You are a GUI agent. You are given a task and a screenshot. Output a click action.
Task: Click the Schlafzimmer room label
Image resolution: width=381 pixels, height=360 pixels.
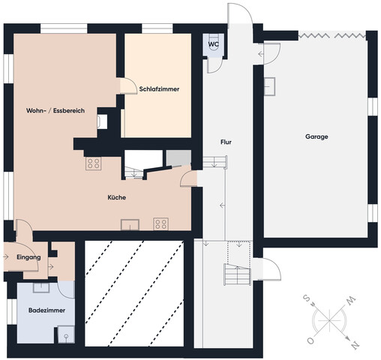tap(159, 89)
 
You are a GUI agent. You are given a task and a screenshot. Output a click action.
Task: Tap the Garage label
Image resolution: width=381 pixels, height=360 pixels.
tap(316, 136)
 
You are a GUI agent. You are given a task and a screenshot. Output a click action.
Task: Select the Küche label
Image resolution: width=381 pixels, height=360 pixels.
tap(117, 197)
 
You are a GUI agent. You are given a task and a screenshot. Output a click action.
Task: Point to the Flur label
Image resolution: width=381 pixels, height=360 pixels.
tap(226, 142)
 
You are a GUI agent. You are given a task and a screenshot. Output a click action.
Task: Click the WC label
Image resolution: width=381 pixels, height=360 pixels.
tap(213, 44)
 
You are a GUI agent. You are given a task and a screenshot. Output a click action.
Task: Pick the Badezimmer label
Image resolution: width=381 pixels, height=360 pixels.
tap(46, 310)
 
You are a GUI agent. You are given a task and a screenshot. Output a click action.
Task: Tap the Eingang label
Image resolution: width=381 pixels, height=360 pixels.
tap(28, 257)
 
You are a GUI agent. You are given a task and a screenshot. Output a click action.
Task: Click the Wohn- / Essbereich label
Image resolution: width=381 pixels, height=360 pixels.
tap(55, 110)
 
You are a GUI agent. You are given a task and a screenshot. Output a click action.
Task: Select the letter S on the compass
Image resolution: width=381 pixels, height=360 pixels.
tap(306, 298)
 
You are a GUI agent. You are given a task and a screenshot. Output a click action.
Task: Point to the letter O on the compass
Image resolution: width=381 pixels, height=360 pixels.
tap(310, 340)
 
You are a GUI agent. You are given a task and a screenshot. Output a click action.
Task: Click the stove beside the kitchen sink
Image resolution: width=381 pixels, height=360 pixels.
tap(161, 224)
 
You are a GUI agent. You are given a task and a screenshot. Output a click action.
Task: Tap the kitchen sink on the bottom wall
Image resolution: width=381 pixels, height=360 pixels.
tap(130, 225)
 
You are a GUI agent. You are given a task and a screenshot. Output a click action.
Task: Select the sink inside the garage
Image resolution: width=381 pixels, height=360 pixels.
tap(270, 86)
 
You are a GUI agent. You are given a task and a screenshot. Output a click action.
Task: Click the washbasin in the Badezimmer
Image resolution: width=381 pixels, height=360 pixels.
tap(41, 288)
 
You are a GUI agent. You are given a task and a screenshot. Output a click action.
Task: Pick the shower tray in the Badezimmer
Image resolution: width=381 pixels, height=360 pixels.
tap(66, 334)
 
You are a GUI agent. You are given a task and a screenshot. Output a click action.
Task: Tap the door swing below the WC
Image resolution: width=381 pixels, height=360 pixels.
tap(214, 65)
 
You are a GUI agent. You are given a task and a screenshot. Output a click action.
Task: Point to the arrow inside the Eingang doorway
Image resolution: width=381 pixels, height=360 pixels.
tap(6, 256)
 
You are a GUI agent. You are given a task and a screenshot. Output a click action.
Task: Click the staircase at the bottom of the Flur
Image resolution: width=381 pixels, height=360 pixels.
tap(238, 274)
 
